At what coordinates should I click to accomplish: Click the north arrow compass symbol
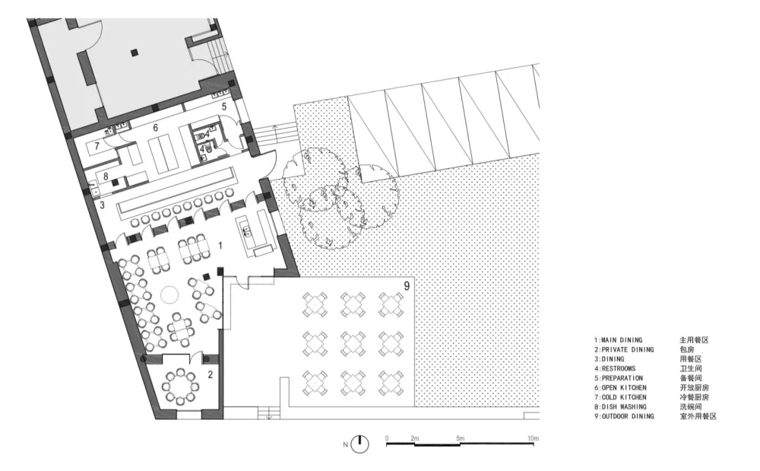[359, 444]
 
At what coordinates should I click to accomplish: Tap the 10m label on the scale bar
[533, 438]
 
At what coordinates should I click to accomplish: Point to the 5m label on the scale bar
[460, 438]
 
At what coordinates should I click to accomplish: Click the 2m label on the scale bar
[414, 438]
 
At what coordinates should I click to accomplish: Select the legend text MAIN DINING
[622, 340]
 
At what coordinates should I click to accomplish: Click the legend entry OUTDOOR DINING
[628, 416]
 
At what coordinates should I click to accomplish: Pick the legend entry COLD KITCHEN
[624, 397]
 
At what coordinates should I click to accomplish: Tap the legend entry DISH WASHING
[624, 406]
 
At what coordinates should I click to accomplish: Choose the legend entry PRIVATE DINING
[628, 350]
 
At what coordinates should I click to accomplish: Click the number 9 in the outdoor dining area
[407, 286]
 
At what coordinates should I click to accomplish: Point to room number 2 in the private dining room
[211, 374]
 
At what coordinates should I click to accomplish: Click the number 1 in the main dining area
[220, 246]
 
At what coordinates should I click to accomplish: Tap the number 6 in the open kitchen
[156, 128]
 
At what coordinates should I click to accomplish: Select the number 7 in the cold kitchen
[97, 145]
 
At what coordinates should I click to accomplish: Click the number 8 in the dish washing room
[106, 177]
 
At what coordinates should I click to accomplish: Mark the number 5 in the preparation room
[224, 107]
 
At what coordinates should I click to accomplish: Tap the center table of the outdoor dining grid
[353, 343]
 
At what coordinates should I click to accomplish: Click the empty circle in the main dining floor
[169, 294]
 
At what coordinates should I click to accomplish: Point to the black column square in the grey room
[135, 52]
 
